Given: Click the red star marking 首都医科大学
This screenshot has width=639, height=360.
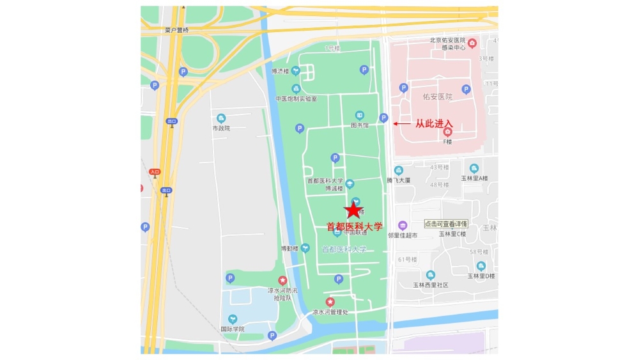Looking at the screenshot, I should pyautogui.click(x=353, y=210).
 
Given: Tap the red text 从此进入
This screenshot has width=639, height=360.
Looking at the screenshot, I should pyautogui.click(x=434, y=123).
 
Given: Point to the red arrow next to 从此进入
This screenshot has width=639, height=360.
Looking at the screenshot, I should pyautogui.click(x=402, y=123).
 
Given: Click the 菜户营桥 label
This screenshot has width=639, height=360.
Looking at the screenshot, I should pyautogui.click(x=177, y=30).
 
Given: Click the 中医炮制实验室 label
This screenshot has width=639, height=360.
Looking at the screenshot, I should pyautogui.click(x=296, y=99).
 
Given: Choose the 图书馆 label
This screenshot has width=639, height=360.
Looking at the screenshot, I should pyautogui.click(x=360, y=125).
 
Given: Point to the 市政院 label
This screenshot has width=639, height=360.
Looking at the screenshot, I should pyautogui.click(x=221, y=129).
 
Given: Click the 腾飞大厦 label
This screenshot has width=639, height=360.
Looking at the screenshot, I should pyautogui.click(x=398, y=181).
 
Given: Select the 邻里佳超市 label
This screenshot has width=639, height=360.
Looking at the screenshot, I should pyautogui.click(x=403, y=235).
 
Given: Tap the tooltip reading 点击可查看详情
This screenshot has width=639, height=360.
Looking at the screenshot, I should pyautogui.click(x=446, y=224).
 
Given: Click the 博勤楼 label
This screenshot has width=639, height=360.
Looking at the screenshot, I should pyautogui.click(x=289, y=248).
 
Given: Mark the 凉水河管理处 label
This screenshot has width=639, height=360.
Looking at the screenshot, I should pyautogui.click(x=330, y=313).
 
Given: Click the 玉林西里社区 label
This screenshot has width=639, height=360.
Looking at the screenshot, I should pyautogui.click(x=430, y=285).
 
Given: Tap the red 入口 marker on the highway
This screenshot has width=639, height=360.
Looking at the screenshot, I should pyautogui.click(x=154, y=172).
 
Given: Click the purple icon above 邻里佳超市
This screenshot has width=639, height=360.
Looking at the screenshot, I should pyautogui.click(x=403, y=226).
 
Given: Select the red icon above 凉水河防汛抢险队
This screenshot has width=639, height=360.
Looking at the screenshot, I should pyautogui.click(x=282, y=280).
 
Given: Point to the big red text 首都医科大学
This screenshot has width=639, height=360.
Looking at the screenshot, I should pyautogui.click(x=355, y=226).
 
